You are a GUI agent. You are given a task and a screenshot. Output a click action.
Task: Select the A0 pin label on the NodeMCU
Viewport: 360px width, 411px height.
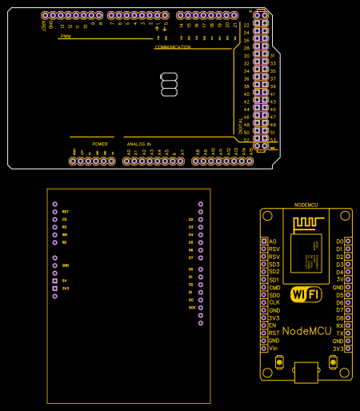click(273, 241)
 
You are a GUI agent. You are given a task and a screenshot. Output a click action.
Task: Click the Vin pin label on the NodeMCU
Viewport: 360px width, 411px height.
click(273, 349)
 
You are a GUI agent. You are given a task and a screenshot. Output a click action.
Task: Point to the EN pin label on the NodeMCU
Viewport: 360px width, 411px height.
click(272, 325)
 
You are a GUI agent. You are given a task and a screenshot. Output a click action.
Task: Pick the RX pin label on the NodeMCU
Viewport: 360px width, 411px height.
click(340, 325)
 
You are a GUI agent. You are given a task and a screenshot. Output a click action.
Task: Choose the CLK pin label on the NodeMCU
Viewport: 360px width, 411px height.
click(274, 302)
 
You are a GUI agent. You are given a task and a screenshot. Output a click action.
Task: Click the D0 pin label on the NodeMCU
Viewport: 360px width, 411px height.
click(340, 241)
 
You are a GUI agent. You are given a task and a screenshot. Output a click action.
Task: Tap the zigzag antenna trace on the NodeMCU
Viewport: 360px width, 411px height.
click(306, 222)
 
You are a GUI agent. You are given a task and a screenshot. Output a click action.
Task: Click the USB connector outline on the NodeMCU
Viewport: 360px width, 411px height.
click(306, 371)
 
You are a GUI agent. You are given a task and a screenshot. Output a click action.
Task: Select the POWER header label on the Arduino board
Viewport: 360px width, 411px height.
click(100, 144)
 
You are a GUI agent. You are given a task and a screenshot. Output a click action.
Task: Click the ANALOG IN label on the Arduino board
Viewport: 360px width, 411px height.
click(138, 144)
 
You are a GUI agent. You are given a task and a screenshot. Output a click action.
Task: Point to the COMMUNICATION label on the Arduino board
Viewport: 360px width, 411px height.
click(173, 47)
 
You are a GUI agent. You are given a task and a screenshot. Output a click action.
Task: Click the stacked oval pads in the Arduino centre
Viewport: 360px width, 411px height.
click(168, 84)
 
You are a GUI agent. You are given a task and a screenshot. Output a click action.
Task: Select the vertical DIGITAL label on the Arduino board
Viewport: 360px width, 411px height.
click(240, 125)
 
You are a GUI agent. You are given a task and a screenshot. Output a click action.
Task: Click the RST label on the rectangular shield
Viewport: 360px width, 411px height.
click(65, 211)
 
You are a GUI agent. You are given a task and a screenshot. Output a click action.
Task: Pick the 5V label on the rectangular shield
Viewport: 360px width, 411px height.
click(65, 281)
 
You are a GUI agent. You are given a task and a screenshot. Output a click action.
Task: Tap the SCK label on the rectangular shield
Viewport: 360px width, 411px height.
click(191, 307)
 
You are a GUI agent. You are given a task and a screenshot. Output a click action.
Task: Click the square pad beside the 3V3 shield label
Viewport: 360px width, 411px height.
click(54, 288)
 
